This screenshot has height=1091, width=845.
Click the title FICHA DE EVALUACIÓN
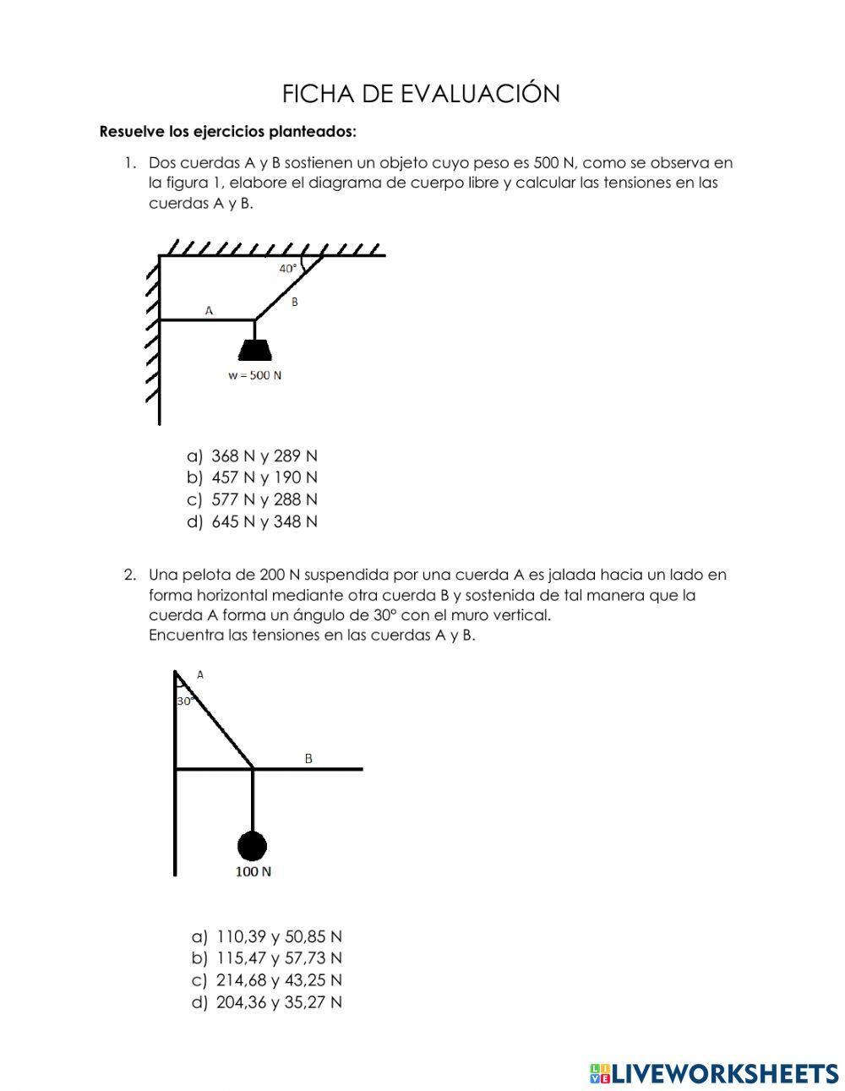(x=421, y=94)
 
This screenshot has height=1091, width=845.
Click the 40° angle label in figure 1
(x=288, y=269)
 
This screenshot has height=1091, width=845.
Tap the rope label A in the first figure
(x=210, y=310)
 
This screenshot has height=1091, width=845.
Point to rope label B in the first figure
(x=294, y=302)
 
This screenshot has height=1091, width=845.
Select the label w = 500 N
(x=254, y=375)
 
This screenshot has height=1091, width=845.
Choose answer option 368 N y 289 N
(x=264, y=455)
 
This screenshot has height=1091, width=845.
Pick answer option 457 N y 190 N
(x=264, y=477)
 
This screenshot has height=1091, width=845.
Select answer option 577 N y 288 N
(x=264, y=499)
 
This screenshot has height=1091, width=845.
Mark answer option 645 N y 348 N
(x=264, y=521)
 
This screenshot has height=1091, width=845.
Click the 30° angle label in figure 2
(x=185, y=701)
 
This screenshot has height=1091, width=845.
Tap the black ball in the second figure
(x=252, y=845)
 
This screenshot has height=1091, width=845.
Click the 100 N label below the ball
(x=253, y=872)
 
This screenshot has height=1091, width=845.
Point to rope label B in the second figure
(x=308, y=758)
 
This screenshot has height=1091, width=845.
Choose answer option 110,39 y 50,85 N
(x=278, y=936)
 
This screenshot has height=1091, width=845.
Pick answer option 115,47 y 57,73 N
(x=278, y=958)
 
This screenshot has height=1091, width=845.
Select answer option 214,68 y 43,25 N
(x=278, y=980)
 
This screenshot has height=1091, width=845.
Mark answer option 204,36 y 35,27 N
(x=278, y=1002)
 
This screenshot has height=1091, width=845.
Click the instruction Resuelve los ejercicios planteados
(x=228, y=132)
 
